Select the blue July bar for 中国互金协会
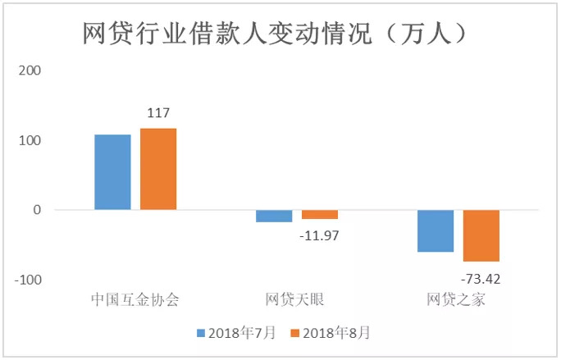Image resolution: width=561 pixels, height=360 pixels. pos(112,172)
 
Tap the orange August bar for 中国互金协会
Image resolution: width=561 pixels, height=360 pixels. pos(158,169)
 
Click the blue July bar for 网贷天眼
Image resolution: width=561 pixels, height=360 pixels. pos(274,216)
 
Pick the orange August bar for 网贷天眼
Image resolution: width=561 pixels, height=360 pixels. pos(320,214)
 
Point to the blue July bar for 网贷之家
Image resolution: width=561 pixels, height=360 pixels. pos(436,230)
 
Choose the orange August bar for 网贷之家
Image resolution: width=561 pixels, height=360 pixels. pos(481,235)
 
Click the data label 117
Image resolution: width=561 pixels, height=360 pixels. pos(158,113)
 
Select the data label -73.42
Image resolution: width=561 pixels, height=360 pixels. pos(481,278)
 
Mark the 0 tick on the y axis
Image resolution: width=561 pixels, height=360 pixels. pos(37,210)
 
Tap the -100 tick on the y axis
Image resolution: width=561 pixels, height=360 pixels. pos(26,280)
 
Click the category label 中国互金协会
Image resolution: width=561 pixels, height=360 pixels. pos(135,299)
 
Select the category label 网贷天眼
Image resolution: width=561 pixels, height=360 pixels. pos(296,299)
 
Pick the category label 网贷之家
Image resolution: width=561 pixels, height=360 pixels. pos(457,299)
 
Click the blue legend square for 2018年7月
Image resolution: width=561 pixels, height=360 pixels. pos(201,333)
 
